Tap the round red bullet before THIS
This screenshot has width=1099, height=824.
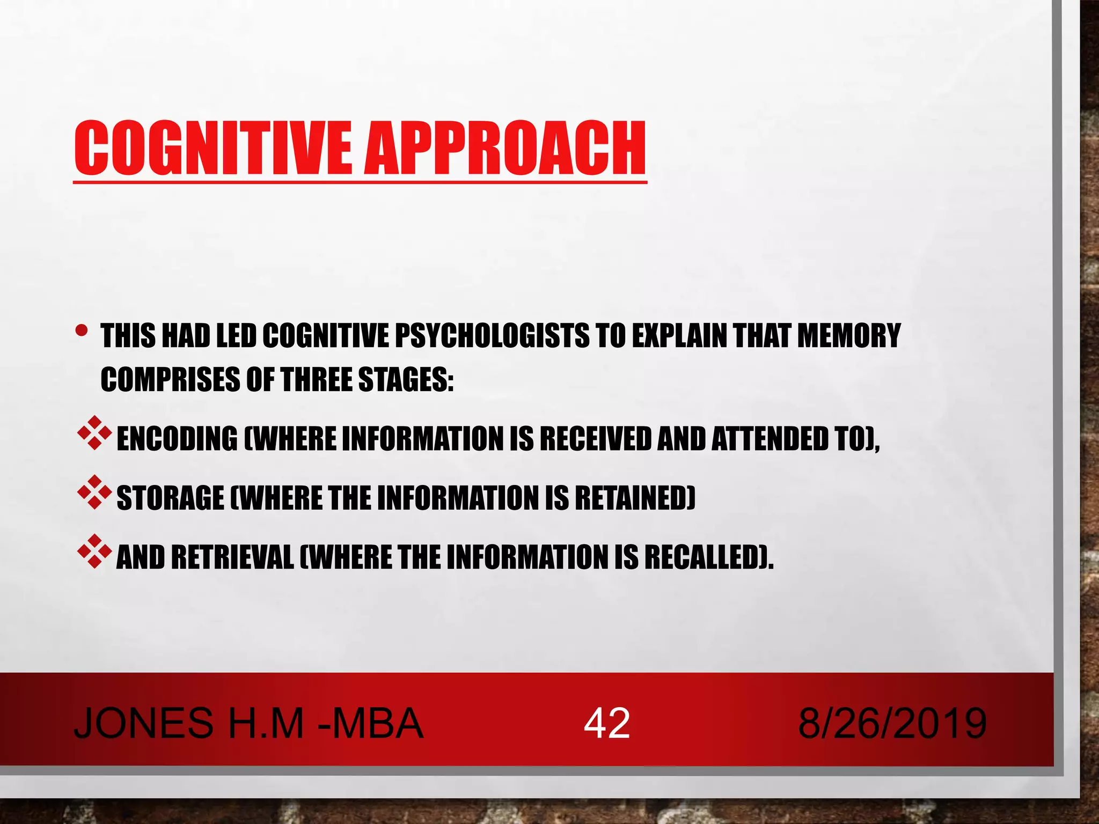[x=81, y=330]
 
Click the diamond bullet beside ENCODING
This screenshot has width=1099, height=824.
[x=94, y=432]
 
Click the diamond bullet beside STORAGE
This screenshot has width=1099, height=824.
[x=94, y=491]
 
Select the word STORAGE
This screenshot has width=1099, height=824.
[x=170, y=498]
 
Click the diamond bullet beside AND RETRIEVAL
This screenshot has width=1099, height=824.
[x=94, y=550]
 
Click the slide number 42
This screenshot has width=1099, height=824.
[x=606, y=723]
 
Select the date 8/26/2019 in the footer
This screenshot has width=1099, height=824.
[x=892, y=723]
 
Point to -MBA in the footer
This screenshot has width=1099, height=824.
[x=370, y=723]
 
